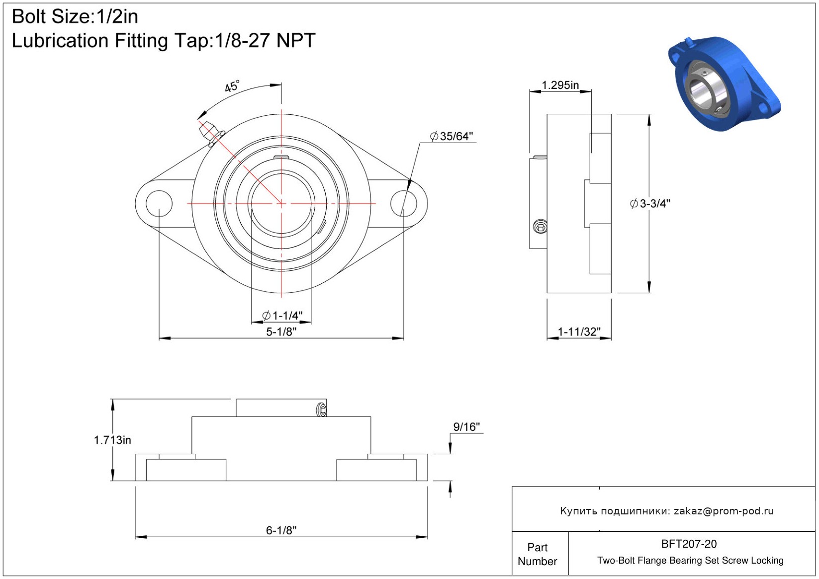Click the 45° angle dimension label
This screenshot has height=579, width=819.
tap(232, 86)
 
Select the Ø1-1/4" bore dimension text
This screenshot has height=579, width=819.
tap(282, 315)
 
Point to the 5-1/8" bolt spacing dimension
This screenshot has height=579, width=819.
tap(281, 331)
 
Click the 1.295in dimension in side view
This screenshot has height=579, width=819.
tap(560, 85)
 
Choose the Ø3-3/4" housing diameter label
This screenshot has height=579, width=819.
tap(650, 204)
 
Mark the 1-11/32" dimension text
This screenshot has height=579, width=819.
tap(579, 331)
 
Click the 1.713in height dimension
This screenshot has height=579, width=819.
tap(112, 440)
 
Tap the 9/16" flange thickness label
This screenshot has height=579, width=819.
tap(466, 426)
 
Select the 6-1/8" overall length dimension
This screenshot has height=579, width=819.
tap(281, 530)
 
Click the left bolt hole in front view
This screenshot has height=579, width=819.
tap(159, 203)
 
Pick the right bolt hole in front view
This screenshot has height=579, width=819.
tap(404, 203)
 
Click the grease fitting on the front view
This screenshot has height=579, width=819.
tap(211, 133)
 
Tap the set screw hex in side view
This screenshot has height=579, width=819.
tap(541, 227)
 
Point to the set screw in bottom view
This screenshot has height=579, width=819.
tap(321, 410)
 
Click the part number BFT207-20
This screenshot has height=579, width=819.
tap(689, 544)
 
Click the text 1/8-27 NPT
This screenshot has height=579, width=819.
tap(265, 40)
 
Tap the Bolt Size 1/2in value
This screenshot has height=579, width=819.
tap(117, 16)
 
